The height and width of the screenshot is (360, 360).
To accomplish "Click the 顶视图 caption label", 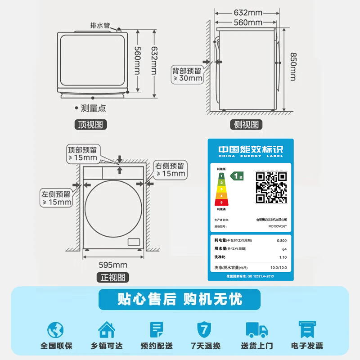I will click(x=91, y=125).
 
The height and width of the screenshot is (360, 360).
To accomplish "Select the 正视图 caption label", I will click(x=112, y=277).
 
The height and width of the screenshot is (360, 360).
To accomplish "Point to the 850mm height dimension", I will click(x=292, y=67).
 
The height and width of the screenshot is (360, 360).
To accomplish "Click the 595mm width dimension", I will click(x=112, y=265).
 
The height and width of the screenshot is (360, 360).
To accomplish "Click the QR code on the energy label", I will click(x=271, y=187).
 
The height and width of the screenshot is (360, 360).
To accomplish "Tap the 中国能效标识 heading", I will click(x=250, y=149).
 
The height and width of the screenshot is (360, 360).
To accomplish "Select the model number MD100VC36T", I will click(x=278, y=227).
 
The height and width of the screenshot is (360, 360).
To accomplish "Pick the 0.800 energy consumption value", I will click(x=281, y=241).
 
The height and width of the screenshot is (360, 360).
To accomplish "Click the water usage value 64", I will click(x=284, y=249).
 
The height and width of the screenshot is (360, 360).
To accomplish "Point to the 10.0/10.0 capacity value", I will click(x=279, y=267).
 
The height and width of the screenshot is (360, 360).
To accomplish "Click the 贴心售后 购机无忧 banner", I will click(x=180, y=299).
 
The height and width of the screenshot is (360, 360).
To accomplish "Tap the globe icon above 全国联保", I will click(x=56, y=330).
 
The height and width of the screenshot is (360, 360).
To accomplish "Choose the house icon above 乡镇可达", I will click(x=106, y=329).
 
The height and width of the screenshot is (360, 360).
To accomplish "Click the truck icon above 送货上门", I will click(x=257, y=329).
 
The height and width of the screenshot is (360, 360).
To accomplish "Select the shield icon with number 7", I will click(x=205, y=329).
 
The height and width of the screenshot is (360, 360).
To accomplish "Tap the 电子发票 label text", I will click(x=307, y=346).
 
